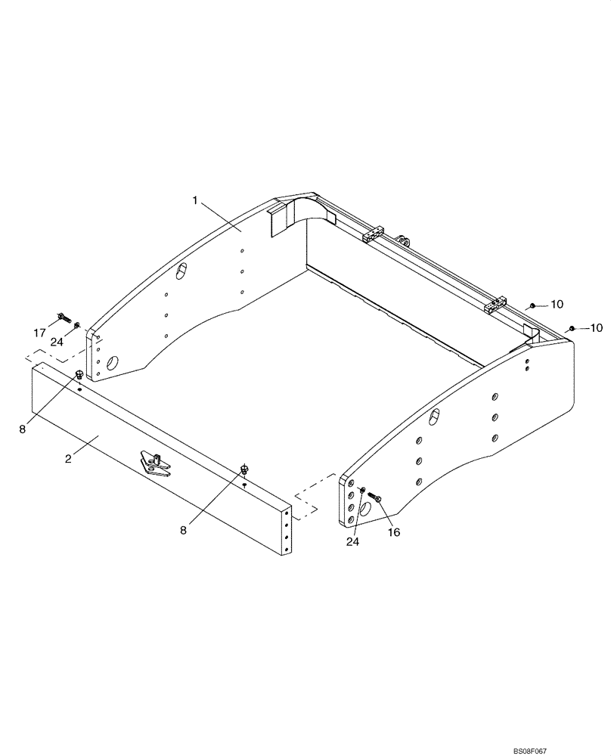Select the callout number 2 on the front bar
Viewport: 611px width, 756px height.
point(68,459)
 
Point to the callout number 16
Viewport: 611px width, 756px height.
point(394,532)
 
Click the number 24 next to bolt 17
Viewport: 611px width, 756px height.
point(57,342)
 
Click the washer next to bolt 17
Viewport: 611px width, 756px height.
point(76,326)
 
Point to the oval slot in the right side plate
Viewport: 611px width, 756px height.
point(435,416)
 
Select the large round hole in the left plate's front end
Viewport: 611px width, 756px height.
point(113,364)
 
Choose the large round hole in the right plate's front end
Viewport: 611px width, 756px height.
point(364,510)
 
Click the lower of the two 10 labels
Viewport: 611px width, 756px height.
point(596,327)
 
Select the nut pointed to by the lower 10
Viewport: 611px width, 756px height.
point(572,327)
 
